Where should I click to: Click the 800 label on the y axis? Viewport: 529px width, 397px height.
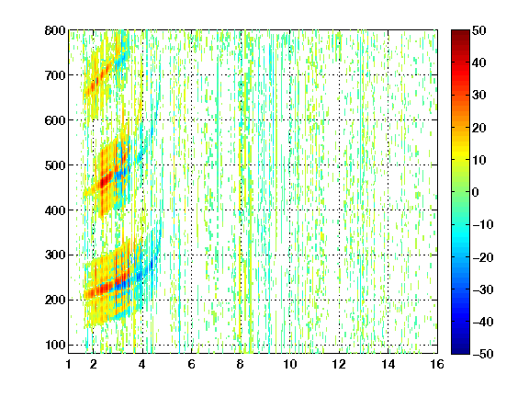coord(55,30)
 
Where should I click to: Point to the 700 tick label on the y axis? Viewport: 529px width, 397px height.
coord(55,75)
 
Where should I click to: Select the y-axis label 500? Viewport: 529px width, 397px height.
coord(55,165)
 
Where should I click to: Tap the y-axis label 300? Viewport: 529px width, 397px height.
coord(55,255)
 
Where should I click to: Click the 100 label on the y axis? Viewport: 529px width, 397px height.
coord(55,345)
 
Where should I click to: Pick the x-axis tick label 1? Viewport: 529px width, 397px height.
coord(69,364)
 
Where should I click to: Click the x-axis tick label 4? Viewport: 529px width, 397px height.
coord(142,364)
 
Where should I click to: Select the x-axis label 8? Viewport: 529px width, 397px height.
coord(241,364)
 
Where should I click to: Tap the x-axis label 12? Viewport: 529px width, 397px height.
coord(339,364)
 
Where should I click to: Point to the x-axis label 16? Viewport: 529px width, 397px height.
coord(437,364)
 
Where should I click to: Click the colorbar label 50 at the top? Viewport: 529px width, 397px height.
coord(478,30)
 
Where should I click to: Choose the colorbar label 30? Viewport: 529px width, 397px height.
coord(478,96)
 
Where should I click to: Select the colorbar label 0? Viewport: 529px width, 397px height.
coord(476,192)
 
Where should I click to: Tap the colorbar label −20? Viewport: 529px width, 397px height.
coord(483,257)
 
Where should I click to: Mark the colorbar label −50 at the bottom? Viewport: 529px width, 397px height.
coord(483,354)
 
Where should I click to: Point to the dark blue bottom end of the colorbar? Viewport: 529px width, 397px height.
coord(460,351)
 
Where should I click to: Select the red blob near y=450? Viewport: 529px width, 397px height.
coord(104,182)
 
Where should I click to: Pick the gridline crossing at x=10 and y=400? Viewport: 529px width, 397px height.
coord(289,210)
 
